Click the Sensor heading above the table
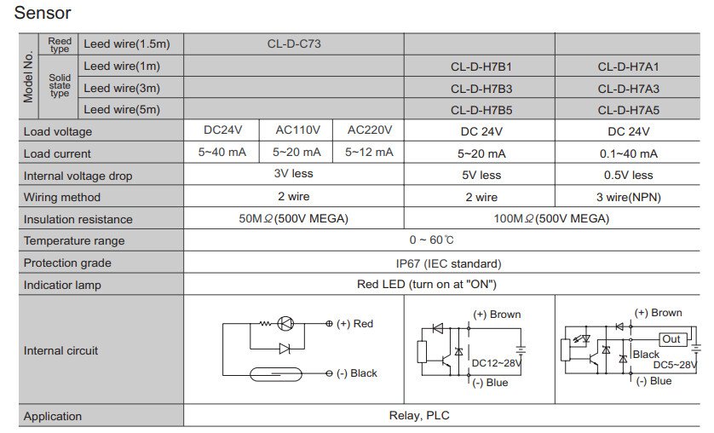coord(43,14)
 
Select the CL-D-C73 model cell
coord(293,43)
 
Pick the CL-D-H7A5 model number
coord(629,110)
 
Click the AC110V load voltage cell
coord(298,130)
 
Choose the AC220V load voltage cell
coord(369,130)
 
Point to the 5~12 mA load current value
coord(369,153)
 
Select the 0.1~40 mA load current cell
coord(629,153)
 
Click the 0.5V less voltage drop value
coord(629,175)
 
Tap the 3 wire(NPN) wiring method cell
coord(629,197)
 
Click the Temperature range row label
coord(74,241)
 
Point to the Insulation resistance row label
coord(78,219)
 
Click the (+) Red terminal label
coord(354,324)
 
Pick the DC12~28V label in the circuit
coord(497,362)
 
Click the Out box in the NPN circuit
coord(671,339)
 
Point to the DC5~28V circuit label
coord(675,365)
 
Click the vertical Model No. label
coord(28,77)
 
